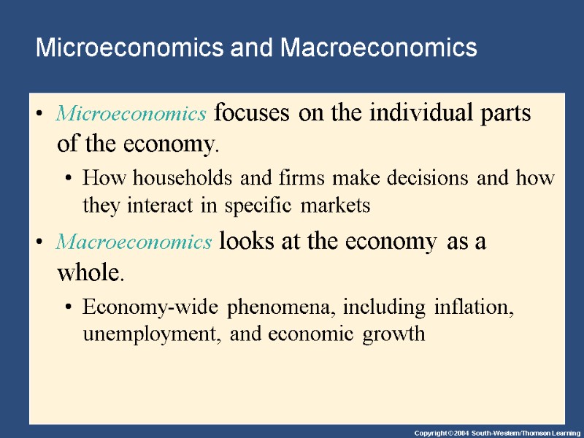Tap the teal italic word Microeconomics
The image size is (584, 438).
(x=131, y=114)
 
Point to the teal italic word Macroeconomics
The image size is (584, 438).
(x=134, y=242)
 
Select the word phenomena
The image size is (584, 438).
(x=277, y=307)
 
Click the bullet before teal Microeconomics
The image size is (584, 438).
(x=40, y=115)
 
